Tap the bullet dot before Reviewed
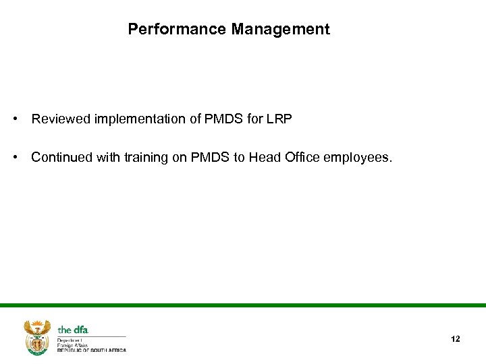[14, 119]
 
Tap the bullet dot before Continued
[14, 157]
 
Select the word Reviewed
[61, 119]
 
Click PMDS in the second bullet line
[208, 157]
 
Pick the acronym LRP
[278, 119]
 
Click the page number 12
[455, 338]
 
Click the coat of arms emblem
[37, 336]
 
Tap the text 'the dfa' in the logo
[73, 330]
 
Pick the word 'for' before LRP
[258, 119]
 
